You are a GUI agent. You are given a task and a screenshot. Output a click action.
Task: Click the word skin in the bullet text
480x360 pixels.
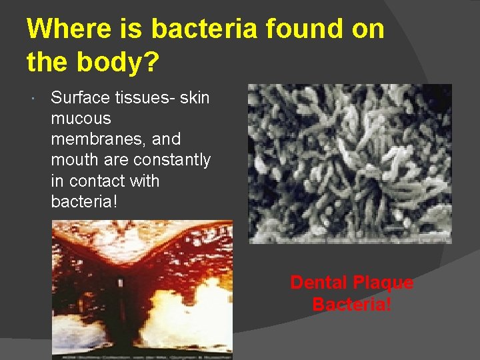tap(195, 98)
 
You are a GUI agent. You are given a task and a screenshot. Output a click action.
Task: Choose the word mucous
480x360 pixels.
tap(81, 119)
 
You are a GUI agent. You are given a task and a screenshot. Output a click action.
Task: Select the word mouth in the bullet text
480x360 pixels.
tap(74, 160)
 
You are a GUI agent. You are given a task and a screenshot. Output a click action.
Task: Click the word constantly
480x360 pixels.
tap(172, 160)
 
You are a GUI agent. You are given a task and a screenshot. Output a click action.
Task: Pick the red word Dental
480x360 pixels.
tap(319, 283)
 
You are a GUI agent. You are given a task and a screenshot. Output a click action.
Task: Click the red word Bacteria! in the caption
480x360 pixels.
tap(351, 305)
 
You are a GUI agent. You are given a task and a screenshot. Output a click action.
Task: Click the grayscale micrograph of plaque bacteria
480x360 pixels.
tap(350, 163)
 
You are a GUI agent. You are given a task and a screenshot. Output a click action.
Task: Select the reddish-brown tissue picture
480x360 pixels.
tap(142, 290)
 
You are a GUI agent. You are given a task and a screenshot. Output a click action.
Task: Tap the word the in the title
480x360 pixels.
tap(46, 62)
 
